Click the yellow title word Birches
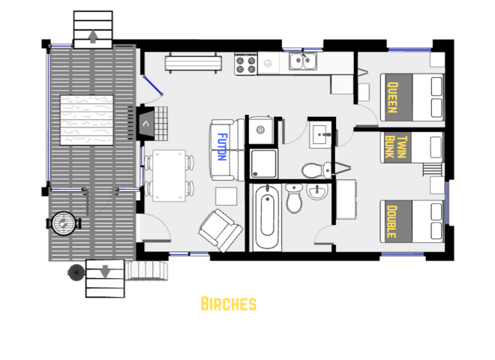[229, 304]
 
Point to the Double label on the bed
[390, 220]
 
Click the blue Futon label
[222, 143]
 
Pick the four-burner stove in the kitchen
[246, 64]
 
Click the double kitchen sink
[304, 61]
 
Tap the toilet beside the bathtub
[294, 199]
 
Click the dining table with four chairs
[169, 175]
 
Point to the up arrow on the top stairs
[92, 37]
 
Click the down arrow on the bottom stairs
[103, 271]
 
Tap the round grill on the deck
[64, 223]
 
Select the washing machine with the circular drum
[262, 128]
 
